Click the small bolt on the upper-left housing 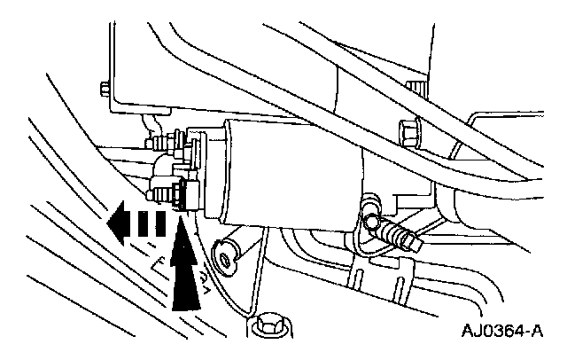(x=105, y=88)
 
